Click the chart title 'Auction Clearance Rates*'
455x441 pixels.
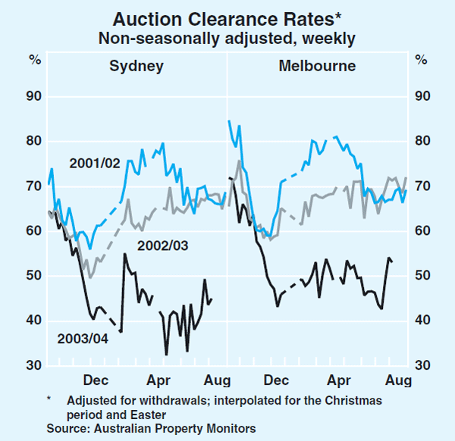pos(227,16)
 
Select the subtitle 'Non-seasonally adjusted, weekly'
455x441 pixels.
pos(227,36)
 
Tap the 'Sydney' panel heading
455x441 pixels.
pos(136,66)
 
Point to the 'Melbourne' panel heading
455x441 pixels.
pos(317,66)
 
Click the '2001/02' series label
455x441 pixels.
pos(93,163)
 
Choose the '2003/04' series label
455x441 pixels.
pos(82,338)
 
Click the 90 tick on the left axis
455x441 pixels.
pos(33,96)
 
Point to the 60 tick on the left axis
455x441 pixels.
pos(33,231)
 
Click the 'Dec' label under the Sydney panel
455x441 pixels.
pos(97,378)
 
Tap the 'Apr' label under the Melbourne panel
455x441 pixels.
pos(337,378)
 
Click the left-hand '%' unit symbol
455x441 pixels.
pos(34,58)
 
